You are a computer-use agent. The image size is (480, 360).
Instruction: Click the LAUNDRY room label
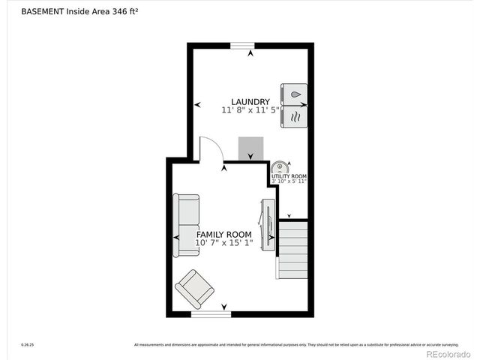click(250, 101)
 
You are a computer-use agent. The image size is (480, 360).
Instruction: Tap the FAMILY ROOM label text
click(223, 234)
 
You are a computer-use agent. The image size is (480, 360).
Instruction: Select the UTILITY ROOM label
click(289, 176)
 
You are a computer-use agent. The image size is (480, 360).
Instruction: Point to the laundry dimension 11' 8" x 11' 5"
click(250, 110)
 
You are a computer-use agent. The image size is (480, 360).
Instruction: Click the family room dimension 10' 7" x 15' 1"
click(223, 243)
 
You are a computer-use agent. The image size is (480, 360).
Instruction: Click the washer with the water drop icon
click(294, 94)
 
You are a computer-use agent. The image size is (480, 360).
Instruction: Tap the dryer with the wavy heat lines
click(294, 116)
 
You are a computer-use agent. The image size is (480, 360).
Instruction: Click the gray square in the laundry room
click(251, 148)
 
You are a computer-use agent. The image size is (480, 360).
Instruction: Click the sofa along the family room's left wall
click(186, 225)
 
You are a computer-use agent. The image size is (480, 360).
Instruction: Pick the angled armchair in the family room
click(195, 288)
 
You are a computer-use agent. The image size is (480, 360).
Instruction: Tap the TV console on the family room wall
click(267, 223)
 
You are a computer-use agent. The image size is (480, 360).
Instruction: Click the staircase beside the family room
click(293, 249)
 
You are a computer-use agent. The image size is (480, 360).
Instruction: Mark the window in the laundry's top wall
click(242, 46)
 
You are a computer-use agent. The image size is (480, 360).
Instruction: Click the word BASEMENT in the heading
click(42, 11)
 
